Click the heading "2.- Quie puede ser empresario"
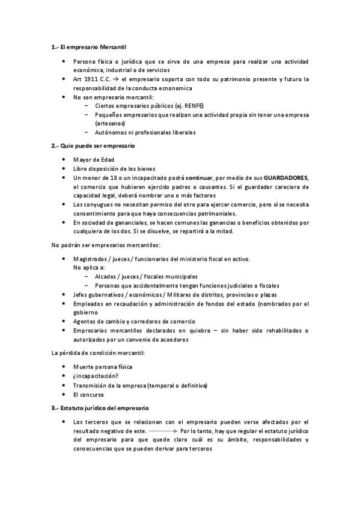pyautogui.click(x=93, y=146)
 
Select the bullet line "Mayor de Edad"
pyautogui.click(x=93, y=159)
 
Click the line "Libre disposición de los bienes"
pyautogui.click(x=114, y=169)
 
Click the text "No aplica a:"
pyautogui.click(x=88, y=267)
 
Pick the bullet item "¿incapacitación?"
pyautogui.click(x=95, y=376)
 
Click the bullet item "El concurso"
pyautogui.click(x=90, y=395)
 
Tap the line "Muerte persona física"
pyautogui.click(x=103, y=366)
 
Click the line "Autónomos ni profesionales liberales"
pyautogui.click(x=145, y=132)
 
